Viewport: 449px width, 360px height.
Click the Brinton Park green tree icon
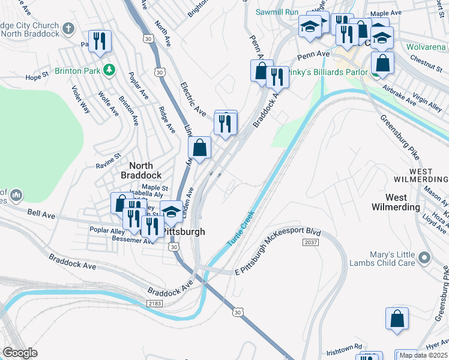[109, 70]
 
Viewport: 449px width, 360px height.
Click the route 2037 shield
[310, 242]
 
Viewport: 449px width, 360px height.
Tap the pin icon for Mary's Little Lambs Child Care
[425, 258]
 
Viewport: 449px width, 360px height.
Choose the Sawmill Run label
[277, 12]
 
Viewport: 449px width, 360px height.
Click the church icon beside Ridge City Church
[68, 28]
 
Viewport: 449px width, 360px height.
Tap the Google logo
[20, 353]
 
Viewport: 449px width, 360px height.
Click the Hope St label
[37, 77]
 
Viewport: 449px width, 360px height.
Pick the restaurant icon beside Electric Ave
[226, 123]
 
